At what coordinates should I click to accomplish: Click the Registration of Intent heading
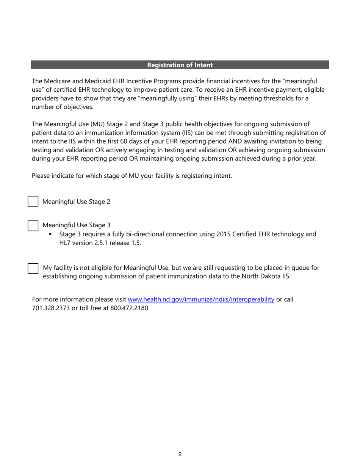click(180, 65)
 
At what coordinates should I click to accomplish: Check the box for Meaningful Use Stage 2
click(33, 202)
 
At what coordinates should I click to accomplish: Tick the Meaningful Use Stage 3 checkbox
click(33, 225)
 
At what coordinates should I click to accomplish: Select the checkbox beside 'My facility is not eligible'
click(33, 268)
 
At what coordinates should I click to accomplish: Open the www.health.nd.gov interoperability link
click(201, 300)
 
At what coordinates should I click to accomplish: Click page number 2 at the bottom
click(180, 455)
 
